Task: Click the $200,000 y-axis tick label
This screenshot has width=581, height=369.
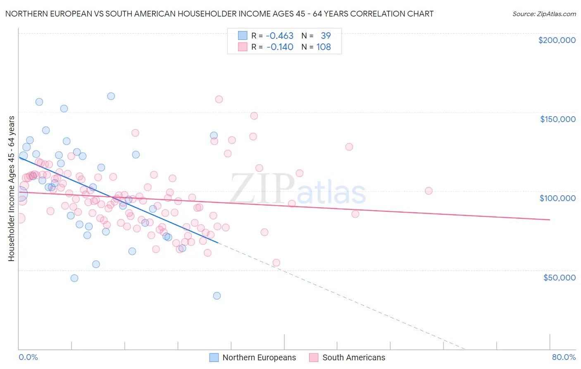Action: point(557,40)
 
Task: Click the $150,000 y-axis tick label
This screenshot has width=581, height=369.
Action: point(557,119)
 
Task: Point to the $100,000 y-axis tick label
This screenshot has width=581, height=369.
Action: point(557,198)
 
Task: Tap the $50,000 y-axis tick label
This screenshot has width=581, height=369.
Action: point(559,278)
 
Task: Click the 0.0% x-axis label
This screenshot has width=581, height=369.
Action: point(28,357)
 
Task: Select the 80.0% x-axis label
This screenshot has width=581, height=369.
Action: point(564,357)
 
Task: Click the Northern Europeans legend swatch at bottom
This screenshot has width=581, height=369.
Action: point(214,357)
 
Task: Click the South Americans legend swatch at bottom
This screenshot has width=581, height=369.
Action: point(314,357)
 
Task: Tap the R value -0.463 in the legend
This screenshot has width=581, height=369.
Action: point(279,36)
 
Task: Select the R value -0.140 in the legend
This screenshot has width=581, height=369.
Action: point(280,47)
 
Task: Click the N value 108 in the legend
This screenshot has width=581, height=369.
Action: point(324,47)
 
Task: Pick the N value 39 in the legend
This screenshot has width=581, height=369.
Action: point(326,36)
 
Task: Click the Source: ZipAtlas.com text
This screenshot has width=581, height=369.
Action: point(544,14)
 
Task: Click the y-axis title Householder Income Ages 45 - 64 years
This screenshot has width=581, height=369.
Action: point(11,189)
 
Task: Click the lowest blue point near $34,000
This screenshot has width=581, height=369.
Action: point(217,296)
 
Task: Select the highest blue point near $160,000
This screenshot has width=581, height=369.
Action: point(111,96)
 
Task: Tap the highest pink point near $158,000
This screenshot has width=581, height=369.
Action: point(219,99)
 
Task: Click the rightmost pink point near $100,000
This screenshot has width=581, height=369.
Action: point(429,191)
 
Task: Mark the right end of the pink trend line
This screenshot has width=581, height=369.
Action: point(550,220)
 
